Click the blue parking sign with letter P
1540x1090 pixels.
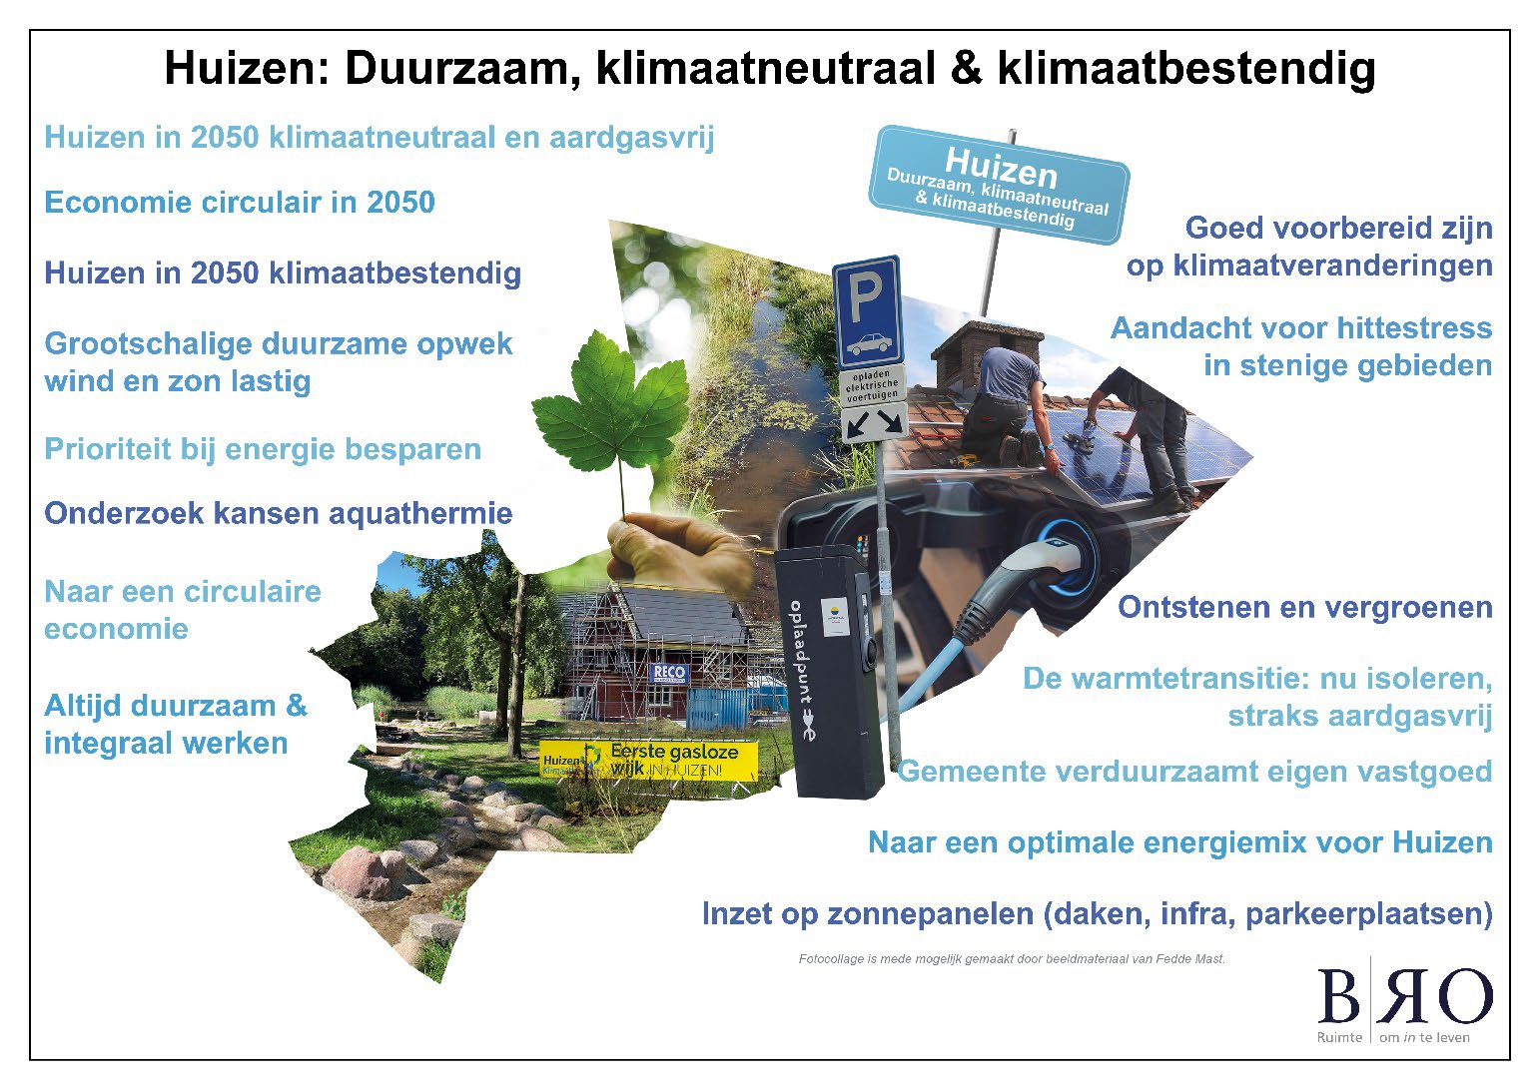click(x=867, y=310)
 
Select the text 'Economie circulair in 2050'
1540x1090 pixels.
click(x=240, y=203)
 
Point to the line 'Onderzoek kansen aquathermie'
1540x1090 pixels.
click(x=279, y=514)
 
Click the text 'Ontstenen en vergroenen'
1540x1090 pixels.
click(x=1304, y=607)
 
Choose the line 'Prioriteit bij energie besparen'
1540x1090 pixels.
click(x=263, y=449)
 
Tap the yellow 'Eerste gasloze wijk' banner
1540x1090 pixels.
click(x=649, y=761)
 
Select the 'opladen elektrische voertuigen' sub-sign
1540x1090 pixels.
click(x=872, y=383)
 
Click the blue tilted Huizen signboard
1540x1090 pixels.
click(x=999, y=184)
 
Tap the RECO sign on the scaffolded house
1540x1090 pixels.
click(x=669, y=672)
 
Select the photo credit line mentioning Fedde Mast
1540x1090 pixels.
click(x=1011, y=959)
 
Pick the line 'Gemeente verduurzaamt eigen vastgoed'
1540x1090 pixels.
click(x=1194, y=772)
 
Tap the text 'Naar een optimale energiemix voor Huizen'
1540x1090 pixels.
click(x=1179, y=842)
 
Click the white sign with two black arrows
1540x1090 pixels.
click(x=873, y=422)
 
